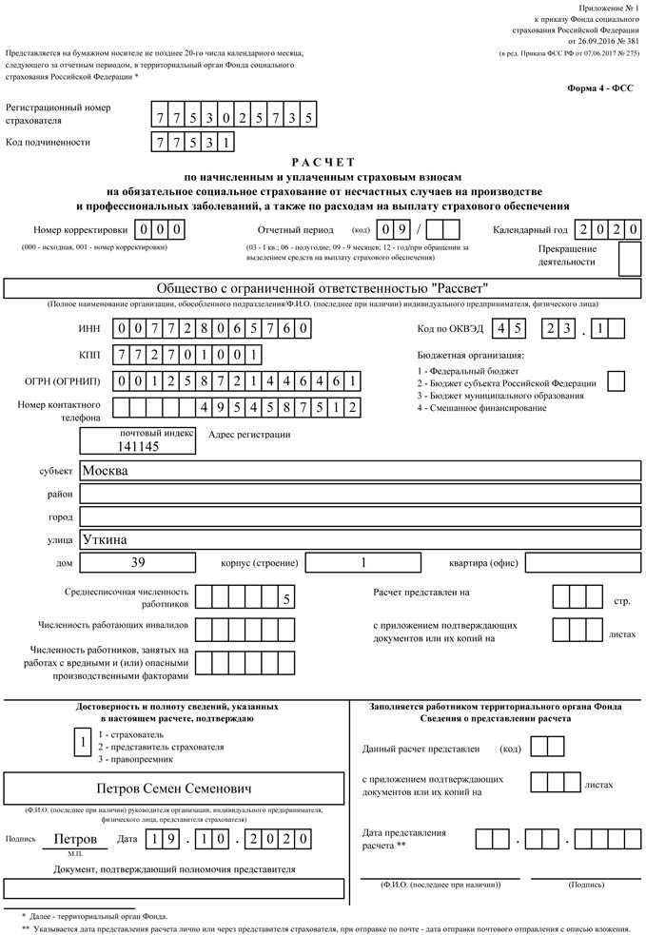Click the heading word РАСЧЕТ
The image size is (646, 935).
click(x=323, y=163)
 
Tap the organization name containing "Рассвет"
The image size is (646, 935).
click(x=323, y=289)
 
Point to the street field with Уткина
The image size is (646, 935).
click(x=359, y=539)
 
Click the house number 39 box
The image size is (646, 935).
click(x=138, y=562)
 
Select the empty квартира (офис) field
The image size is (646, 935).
click(x=582, y=562)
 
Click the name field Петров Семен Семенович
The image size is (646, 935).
click(x=174, y=789)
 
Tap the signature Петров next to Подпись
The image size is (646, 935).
click(x=75, y=839)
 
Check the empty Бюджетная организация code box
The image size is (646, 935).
click(x=616, y=380)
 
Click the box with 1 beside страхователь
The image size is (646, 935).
click(x=84, y=742)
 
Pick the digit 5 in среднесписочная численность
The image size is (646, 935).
click(x=285, y=598)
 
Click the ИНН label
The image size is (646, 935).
click(x=88, y=329)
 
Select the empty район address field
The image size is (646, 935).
click(x=359, y=494)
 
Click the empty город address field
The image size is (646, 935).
click(x=359, y=516)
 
